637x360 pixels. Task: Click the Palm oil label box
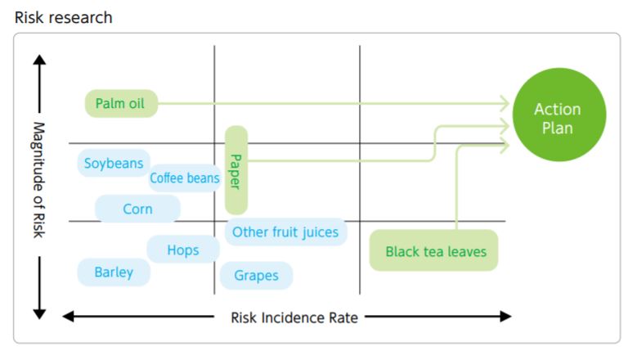coord(121,103)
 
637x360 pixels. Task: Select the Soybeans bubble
coord(114,164)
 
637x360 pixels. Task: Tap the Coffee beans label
coord(185,178)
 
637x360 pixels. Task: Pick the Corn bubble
coord(137,209)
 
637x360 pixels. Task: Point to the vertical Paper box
coord(236,170)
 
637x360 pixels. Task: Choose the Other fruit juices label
coord(285,232)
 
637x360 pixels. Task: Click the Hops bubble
coord(182,250)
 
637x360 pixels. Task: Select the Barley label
coord(114,272)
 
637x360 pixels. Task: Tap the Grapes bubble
coord(257,276)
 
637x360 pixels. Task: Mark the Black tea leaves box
coord(434,251)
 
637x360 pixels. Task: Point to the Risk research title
coord(64,17)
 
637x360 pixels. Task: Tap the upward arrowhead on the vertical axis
coord(39,61)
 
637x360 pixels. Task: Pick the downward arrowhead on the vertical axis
coord(39,313)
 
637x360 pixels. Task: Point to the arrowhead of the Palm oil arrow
coord(505,103)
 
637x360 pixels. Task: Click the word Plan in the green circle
coord(558,128)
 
